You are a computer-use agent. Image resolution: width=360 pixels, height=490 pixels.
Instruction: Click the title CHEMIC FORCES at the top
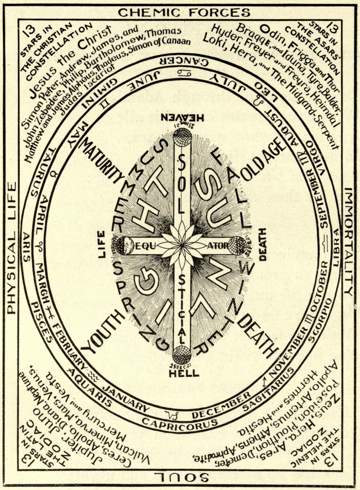183,12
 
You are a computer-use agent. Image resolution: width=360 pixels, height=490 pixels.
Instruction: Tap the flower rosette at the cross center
183,245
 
